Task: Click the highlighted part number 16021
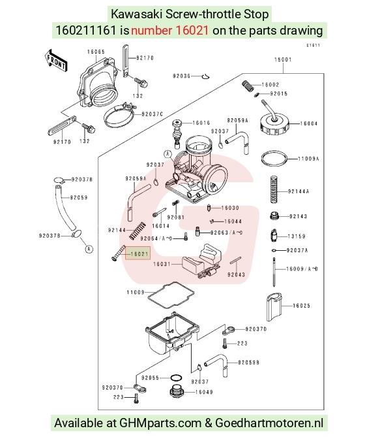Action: [139, 254]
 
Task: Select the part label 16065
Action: [96, 52]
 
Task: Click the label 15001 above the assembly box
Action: [283, 59]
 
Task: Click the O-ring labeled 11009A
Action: [274, 159]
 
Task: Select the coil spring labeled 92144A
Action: [274, 189]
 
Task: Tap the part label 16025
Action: [302, 306]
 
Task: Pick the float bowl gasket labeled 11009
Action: [171, 295]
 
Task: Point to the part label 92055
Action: [150, 378]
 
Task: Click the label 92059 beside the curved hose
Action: [79, 198]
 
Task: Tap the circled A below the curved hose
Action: [89, 249]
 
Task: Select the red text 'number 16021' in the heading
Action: [169, 31]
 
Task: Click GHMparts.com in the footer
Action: [160, 423]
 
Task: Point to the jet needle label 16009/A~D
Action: [302, 269]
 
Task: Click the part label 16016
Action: [201, 123]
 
